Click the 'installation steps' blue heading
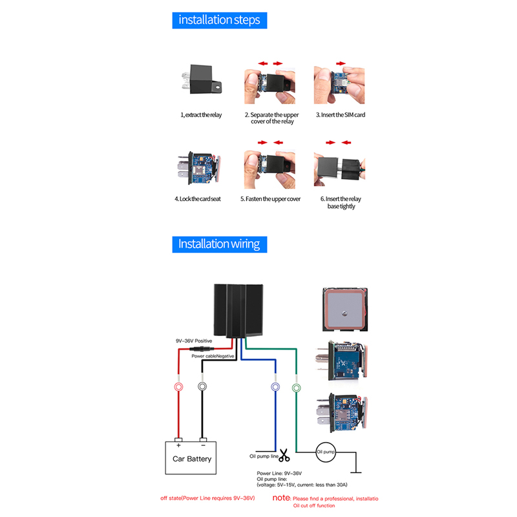click(x=219, y=20)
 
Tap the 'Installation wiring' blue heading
click(x=219, y=244)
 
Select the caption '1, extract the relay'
click(x=201, y=114)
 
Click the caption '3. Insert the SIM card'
click(x=336, y=114)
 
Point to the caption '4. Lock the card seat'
click(x=197, y=198)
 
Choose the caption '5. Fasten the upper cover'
click(x=270, y=198)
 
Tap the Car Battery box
click(x=191, y=459)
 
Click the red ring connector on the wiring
click(x=179, y=386)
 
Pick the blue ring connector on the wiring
click(x=275, y=387)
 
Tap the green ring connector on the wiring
click(x=297, y=388)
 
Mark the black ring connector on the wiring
click(x=202, y=386)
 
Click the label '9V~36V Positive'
click(x=194, y=341)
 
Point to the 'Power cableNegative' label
click(x=213, y=356)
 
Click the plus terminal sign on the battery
click(x=178, y=445)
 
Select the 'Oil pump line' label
click(x=264, y=456)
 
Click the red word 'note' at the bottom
click(x=281, y=498)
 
